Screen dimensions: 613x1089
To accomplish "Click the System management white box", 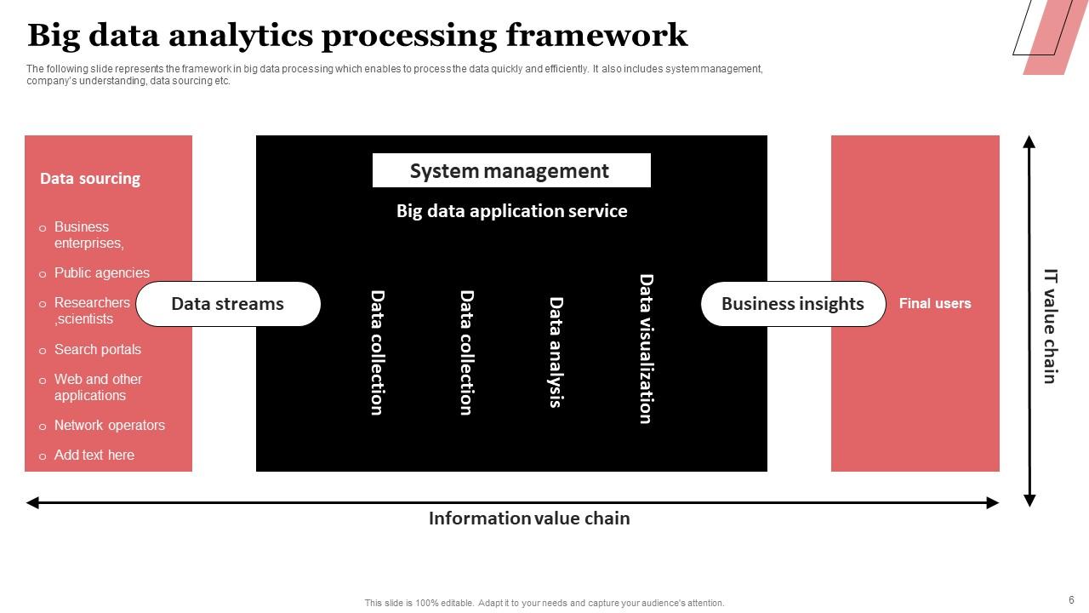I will click(511, 170).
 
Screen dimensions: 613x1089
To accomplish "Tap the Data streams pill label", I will click(228, 304).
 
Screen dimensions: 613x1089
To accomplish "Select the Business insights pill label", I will click(793, 304).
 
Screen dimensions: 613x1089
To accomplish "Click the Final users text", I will click(934, 303).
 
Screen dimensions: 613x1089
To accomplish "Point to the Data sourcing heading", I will click(89, 179).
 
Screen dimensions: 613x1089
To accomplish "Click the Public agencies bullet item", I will click(101, 273).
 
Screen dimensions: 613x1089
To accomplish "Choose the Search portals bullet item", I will click(97, 350).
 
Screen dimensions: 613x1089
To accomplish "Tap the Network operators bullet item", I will click(109, 426).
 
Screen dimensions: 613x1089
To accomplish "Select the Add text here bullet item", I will click(94, 455).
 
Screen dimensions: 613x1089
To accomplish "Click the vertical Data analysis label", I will click(556, 352).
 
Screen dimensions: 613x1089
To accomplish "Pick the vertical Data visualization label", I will click(646, 348).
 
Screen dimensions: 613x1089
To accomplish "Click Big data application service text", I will click(511, 211).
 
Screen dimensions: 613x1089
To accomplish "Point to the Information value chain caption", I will click(528, 518).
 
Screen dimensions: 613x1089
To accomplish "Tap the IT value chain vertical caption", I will click(1051, 327).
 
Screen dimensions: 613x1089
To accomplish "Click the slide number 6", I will click(1071, 600).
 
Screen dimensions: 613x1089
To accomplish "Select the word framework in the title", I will click(596, 36).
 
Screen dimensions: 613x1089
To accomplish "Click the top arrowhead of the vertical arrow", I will click(1029, 141).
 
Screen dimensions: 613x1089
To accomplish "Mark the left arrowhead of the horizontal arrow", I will click(33, 503).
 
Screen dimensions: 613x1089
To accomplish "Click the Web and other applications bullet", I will click(97, 387).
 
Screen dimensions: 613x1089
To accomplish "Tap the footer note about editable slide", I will click(544, 603).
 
